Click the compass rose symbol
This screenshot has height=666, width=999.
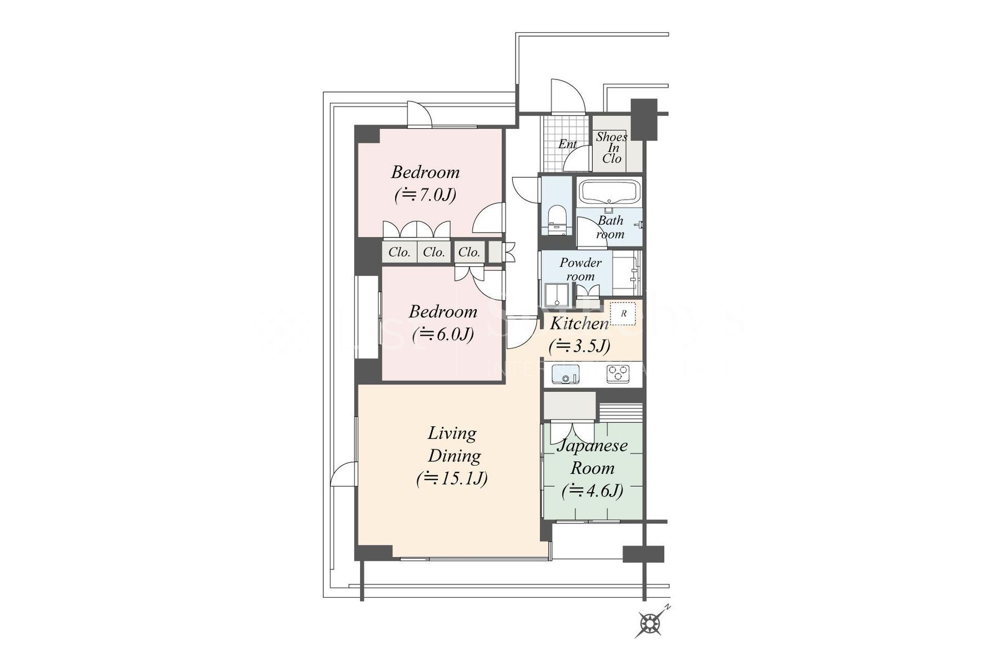(x=650, y=623)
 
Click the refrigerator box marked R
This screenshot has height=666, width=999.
(x=623, y=314)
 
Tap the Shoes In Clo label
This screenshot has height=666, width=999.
(x=612, y=148)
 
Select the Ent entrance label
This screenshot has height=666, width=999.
(x=567, y=144)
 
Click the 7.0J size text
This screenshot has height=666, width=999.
(x=426, y=195)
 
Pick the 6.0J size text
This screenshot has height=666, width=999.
(x=443, y=335)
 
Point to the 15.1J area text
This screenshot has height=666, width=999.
(x=452, y=478)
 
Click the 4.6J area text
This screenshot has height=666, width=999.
(x=592, y=491)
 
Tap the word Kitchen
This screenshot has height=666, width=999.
(x=579, y=324)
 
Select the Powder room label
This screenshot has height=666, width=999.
(x=580, y=269)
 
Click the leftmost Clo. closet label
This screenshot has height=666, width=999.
(x=399, y=253)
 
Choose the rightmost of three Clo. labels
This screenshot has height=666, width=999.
(x=469, y=253)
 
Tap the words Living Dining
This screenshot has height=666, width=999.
(x=453, y=445)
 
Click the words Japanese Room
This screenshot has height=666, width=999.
(x=592, y=456)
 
